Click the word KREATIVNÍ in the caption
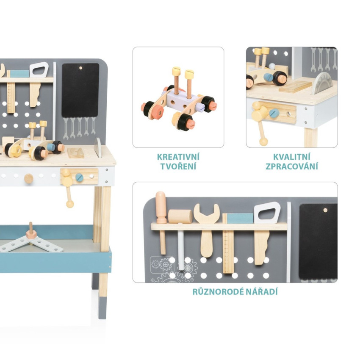click(x=178, y=157)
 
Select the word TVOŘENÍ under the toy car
click(x=178, y=166)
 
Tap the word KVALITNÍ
click(x=291, y=157)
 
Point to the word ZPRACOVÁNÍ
click(x=291, y=166)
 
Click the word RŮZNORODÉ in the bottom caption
click(x=219, y=291)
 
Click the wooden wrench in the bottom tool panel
click(x=206, y=230)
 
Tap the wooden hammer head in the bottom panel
click(x=180, y=216)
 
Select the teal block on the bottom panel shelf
click(x=240, y=219)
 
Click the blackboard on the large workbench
click(x=80, y=90)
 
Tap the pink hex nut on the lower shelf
click(x=30, y=234)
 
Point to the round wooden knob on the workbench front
click(x=28, y=178)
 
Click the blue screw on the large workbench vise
click(x=80, y=177)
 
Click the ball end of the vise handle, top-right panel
click(x=263, y=141)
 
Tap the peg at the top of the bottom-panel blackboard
click(x=325, y=210)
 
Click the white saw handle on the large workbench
click(x=39, y=69)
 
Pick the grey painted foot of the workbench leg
click(x=102, y=307)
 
